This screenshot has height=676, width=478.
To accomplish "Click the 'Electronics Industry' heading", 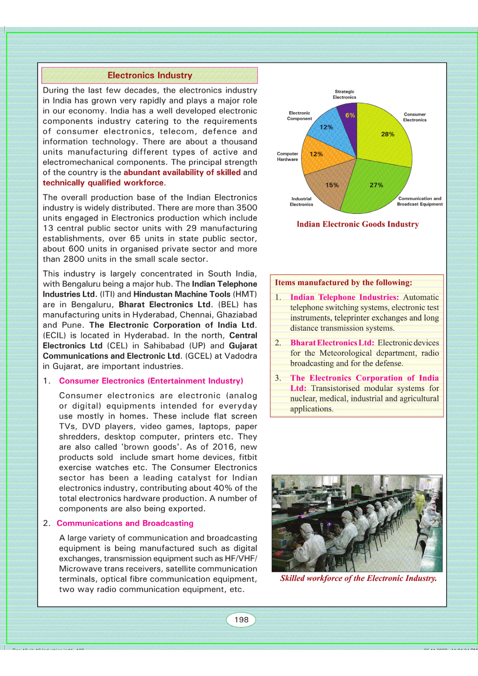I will (x=150, y=75).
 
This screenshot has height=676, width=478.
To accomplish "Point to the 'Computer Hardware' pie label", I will (x=287, y=157).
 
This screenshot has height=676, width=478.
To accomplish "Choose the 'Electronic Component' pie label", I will (x=299, y=116).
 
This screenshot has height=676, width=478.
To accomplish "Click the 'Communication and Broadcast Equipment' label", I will (x=420, y=201).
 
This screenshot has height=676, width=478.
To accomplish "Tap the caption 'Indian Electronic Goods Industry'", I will (x=358, y=224).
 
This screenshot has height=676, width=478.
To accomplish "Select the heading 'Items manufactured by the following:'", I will (x=343, y=283).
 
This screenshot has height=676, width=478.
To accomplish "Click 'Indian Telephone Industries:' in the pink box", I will (x=344, y=297).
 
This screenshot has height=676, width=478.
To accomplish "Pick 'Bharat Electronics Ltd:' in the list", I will (x=332, y=343).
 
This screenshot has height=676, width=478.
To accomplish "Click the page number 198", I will (x=241, y=620).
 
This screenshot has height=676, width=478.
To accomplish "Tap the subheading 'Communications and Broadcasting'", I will (x=125, y=523).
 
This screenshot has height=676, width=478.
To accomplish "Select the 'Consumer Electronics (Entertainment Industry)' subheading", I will (x=151, y=381).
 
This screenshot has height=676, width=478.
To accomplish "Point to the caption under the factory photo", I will (x=358, y=578).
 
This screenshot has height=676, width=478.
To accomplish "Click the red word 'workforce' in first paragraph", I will (x=143, y=183).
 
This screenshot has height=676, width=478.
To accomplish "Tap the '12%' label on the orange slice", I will (x=316, y=154).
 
